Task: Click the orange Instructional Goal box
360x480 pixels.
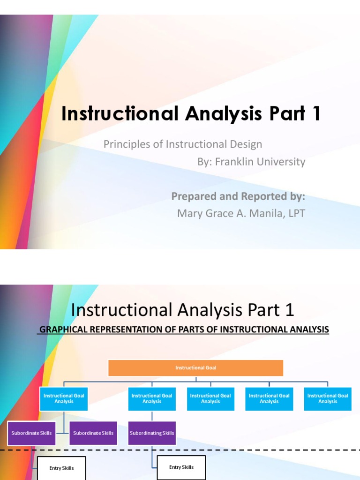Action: coord(195,368)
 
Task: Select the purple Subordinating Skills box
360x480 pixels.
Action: coord(152,433)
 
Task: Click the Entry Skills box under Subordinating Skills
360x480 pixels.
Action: coord(181,467)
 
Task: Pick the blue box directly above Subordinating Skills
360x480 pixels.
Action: coord(152,398)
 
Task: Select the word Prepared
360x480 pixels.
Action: coord(194,196)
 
